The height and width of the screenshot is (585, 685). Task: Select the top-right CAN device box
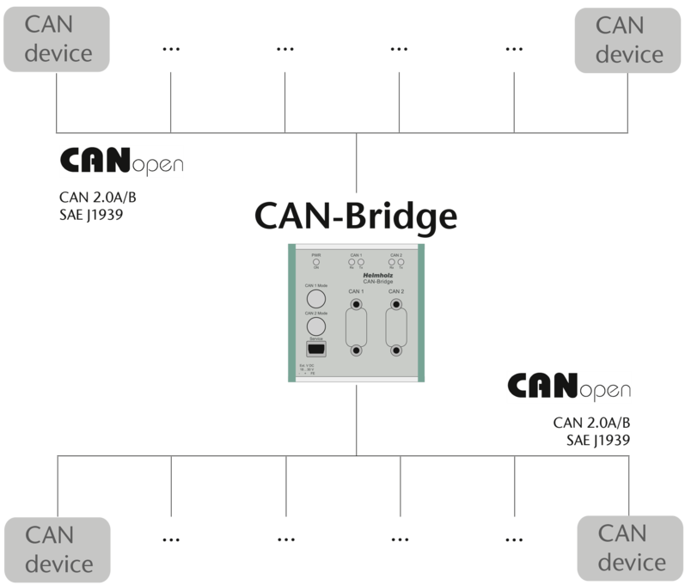[x=630, y=41]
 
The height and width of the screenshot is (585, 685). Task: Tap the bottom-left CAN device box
[x=58, y=549]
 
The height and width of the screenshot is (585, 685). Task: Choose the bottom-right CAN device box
[x=631, y=549]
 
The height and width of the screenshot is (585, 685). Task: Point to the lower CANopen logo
[x=568, y=387]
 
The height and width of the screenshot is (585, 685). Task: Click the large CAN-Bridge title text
[x=355, y=216]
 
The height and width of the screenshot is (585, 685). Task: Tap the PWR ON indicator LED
[x=316, y=260]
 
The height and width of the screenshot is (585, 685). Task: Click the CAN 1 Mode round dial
[x=316, y=299]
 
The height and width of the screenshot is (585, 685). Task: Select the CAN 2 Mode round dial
[x=316, y=326]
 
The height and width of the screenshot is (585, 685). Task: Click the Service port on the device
[x=316, y=350]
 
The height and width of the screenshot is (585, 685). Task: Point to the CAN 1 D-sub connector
[x=356, y=326]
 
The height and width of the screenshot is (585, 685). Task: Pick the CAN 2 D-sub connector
[x=395, y=326]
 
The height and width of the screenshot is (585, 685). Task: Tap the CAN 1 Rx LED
[x=352, y=260]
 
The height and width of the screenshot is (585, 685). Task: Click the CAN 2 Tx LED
[x=401, y=260]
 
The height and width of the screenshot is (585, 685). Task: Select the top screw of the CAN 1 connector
[x=356, y=303]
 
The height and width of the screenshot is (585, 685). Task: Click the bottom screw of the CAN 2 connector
[x=395, y=350]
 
